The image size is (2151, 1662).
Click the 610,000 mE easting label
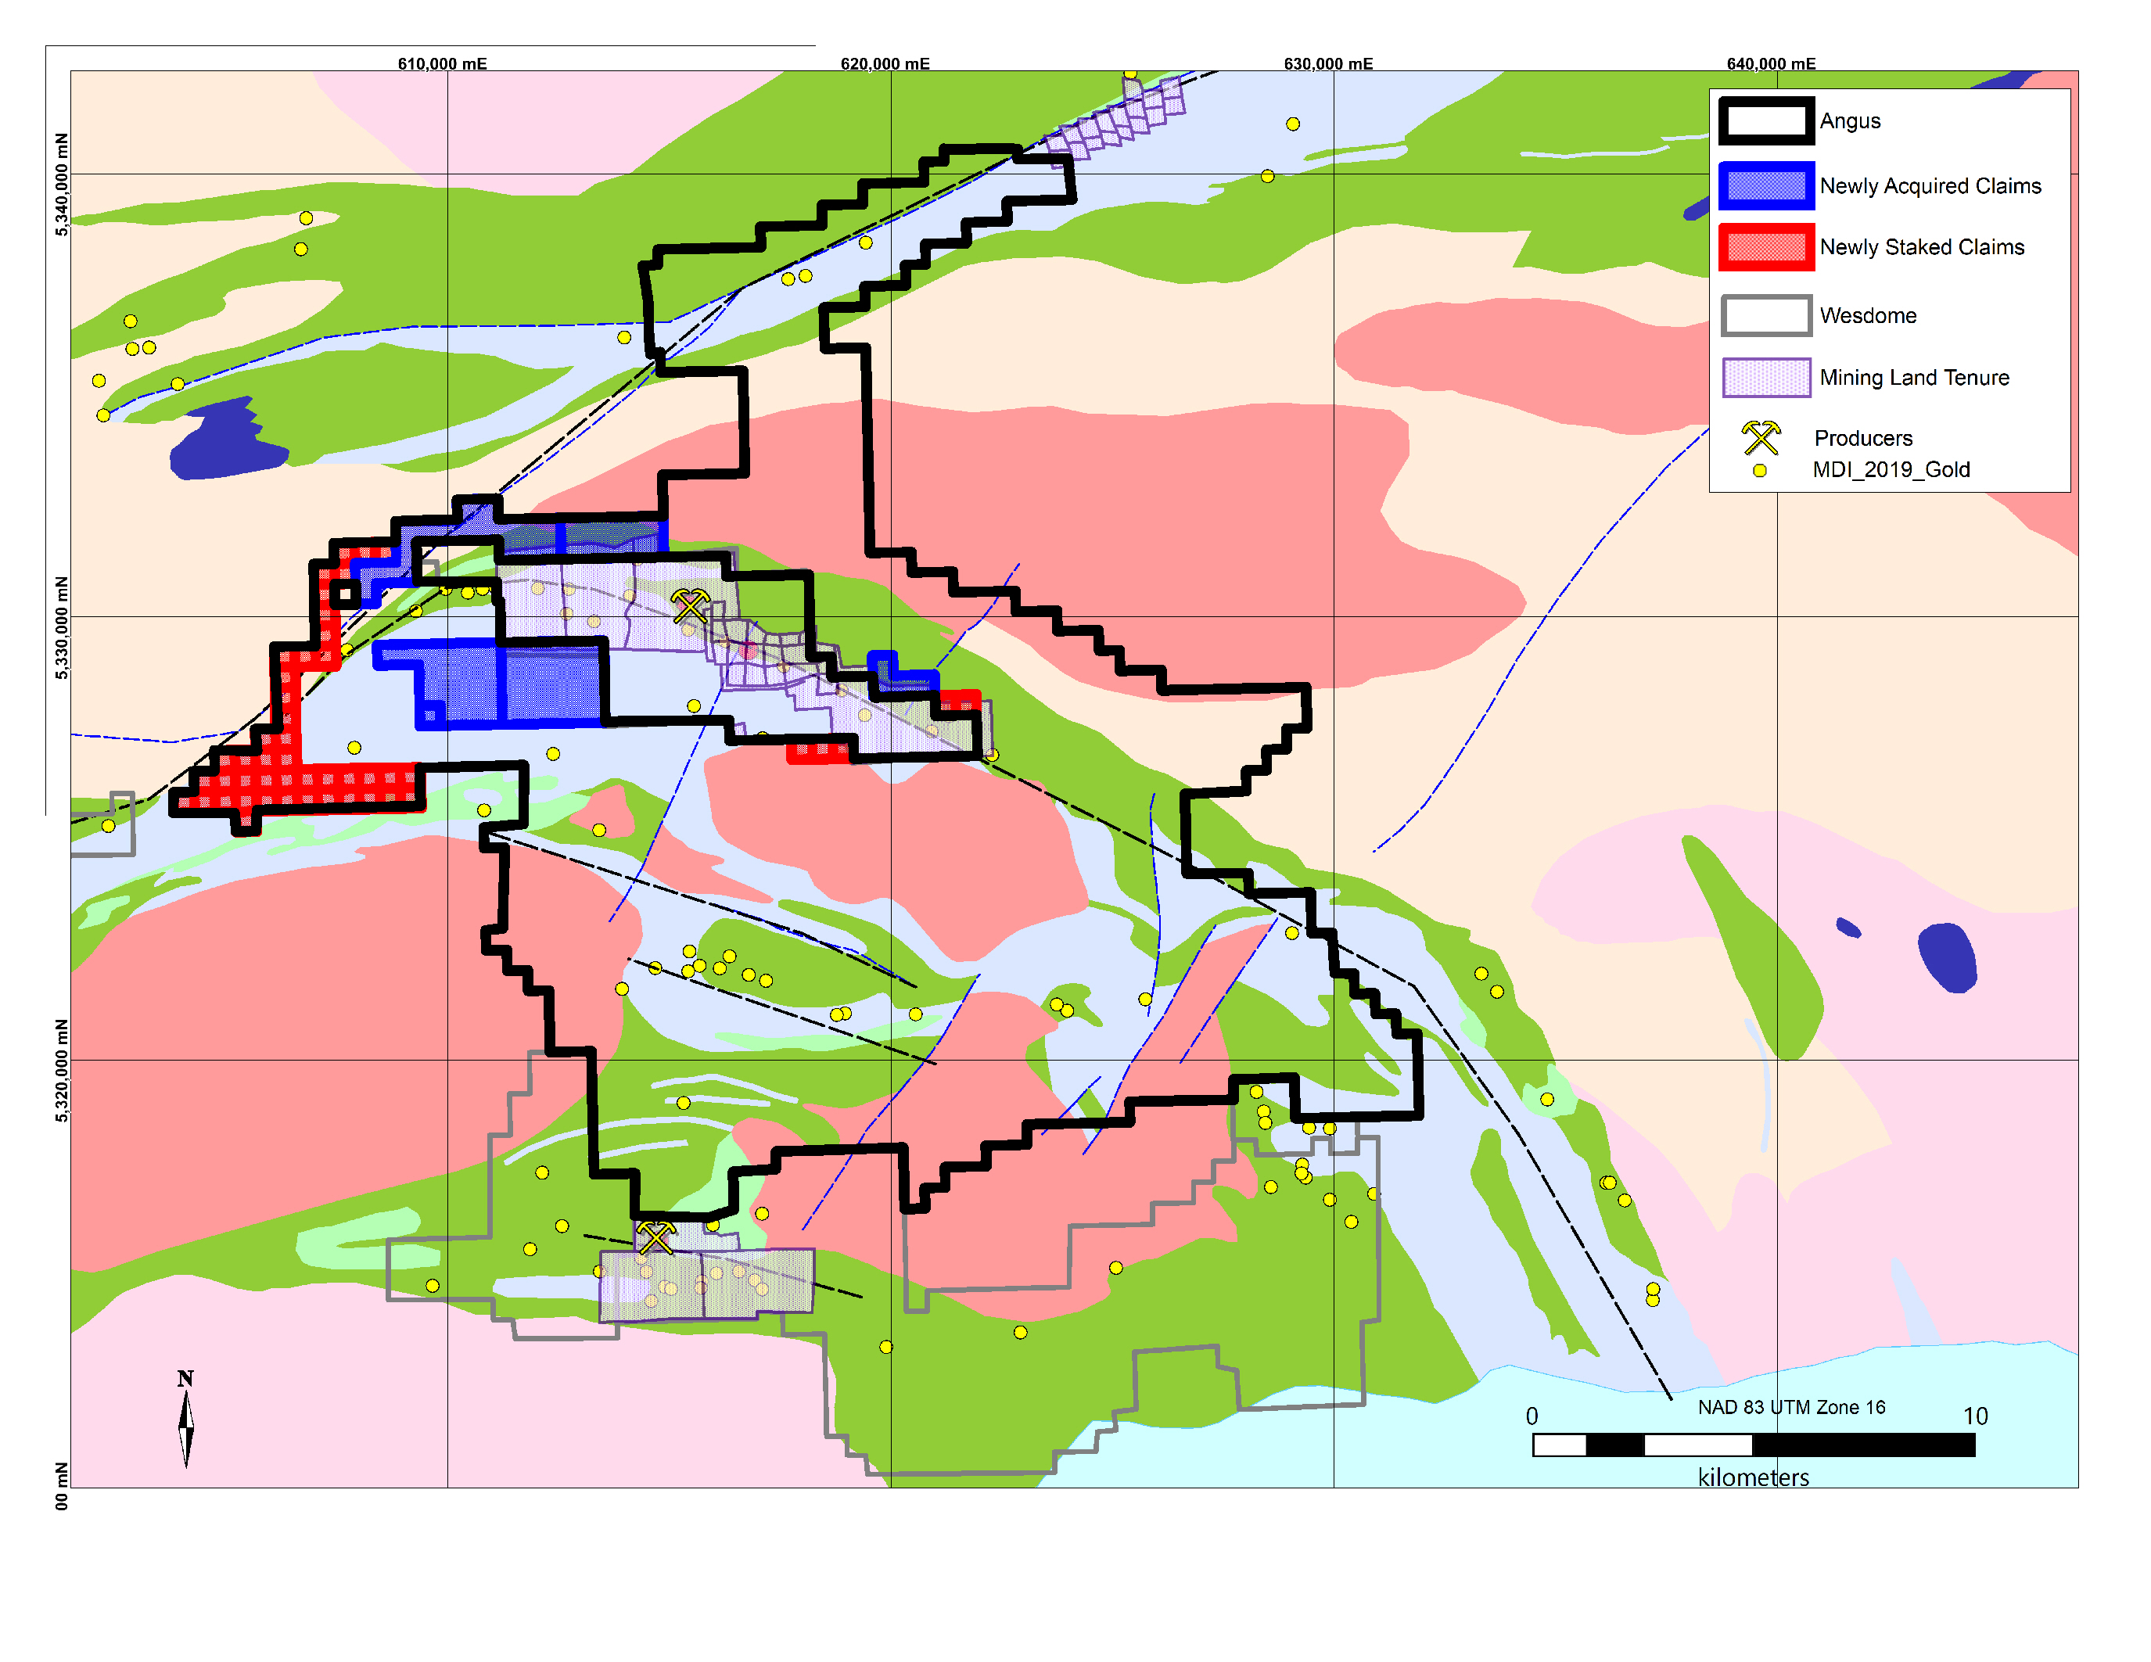(442, 64)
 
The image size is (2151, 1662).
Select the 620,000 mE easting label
(885, 64)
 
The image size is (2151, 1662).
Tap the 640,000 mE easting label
(1771, 64)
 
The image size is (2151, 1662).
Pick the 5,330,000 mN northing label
(62, 628)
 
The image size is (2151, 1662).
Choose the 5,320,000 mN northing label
(62, 1070)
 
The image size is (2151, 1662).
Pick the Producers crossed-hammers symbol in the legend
(1760, 437)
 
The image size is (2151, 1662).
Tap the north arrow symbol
(185, 1423)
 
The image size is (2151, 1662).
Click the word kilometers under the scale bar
(1753, 1477)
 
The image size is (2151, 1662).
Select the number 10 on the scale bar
(1975, 1416)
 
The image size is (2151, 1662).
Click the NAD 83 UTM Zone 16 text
(1790, 1407)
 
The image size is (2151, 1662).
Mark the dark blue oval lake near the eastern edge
(1946, 957)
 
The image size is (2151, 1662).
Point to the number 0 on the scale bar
(1532, 1416)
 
